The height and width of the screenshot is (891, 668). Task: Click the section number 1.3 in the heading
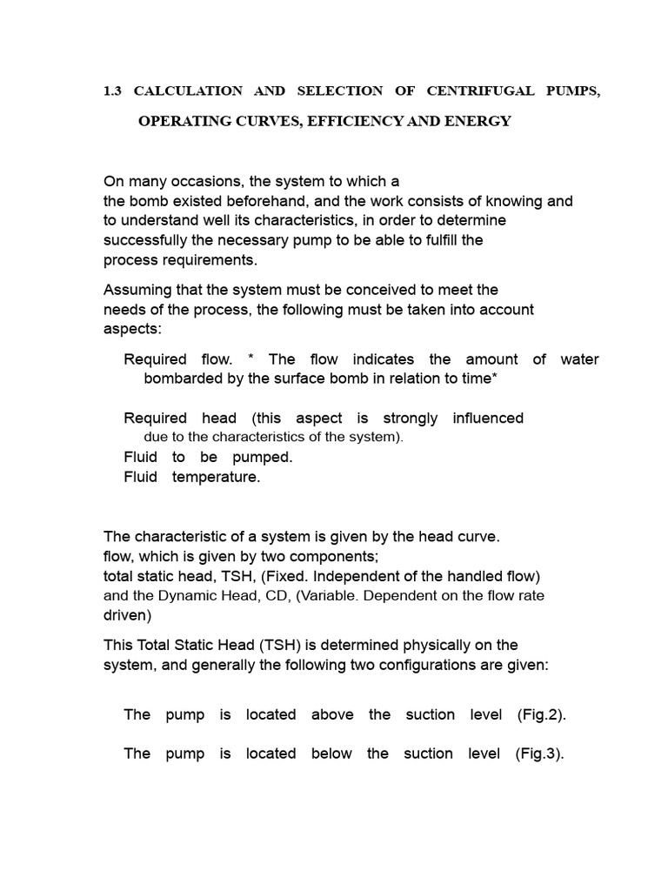pos(113,91)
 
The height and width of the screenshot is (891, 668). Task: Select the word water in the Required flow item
pos(579,359)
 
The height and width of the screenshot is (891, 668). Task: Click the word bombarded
pos(182,379)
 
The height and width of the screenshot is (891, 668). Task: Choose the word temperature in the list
pos(216,477)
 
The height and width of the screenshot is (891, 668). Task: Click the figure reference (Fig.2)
pos(541,714)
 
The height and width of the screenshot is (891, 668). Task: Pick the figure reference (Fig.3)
pos(540,754)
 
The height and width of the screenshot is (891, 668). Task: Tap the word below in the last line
pos(331,754)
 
